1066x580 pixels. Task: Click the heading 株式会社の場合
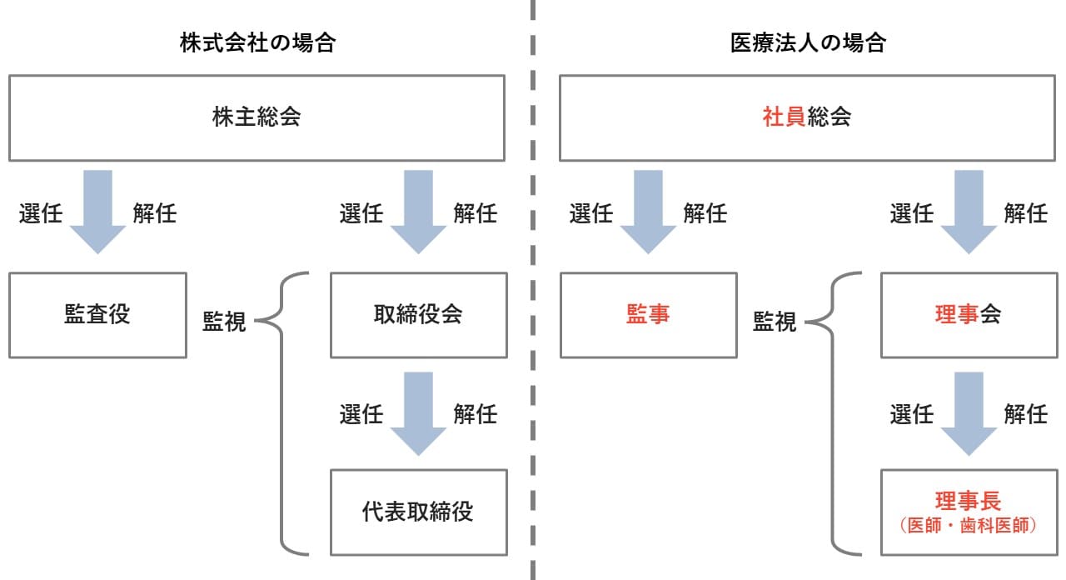point(257,42)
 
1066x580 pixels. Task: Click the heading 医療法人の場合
point(808,42)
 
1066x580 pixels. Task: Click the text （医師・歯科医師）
point(969,526)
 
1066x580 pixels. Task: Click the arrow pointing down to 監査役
point(97,212)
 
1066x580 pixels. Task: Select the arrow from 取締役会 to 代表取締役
point(418,414)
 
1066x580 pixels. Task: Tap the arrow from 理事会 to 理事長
point(969,414)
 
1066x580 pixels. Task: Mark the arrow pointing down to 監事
point(648,212)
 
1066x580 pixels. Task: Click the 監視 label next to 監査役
point(224,322)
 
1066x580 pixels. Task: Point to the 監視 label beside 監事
point(775,322)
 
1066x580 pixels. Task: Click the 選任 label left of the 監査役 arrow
point(41,212)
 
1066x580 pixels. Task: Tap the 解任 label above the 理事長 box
point(1026,414)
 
